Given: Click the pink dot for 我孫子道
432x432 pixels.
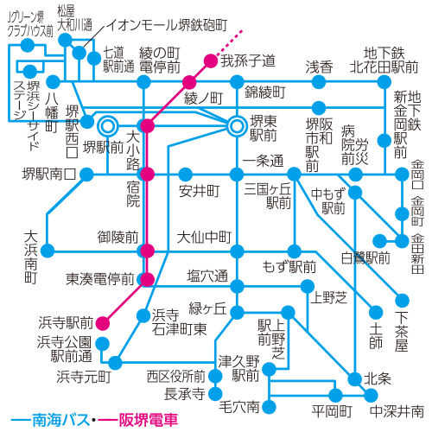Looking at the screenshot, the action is pos(211,60).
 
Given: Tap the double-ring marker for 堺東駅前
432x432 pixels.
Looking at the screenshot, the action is pos(237,126).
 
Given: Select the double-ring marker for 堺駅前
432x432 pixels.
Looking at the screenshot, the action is pos(108,126).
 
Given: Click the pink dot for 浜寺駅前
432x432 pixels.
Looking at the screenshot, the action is pos(103,323).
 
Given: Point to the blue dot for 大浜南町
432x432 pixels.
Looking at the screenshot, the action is pos(48,251).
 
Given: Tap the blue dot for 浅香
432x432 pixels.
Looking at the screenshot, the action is pos(319,82).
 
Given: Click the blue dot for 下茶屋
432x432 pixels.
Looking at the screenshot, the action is pos(402,301).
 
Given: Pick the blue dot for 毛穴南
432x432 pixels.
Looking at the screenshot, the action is pos(269,407).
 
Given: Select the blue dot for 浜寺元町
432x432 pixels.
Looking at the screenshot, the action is pos(115,363).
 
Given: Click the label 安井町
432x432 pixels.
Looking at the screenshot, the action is pos(199,191).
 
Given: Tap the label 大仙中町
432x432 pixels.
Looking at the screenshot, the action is pos(204,237).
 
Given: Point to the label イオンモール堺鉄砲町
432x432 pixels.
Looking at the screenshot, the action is pos(168,25).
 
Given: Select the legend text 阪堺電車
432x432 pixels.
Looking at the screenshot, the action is pos(149,420).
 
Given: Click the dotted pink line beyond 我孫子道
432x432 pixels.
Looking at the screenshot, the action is pos(230,42).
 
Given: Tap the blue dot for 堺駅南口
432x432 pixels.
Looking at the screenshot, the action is pos(86,175).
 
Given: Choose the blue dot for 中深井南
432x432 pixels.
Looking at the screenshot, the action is pos(371,395).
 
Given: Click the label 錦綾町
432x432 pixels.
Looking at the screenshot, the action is pos(265,92).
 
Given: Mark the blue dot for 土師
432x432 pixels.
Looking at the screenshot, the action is pos(376,313).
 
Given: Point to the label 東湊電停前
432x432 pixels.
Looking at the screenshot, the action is pos(100,279).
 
